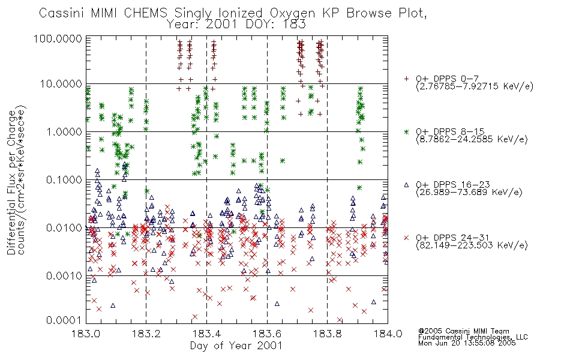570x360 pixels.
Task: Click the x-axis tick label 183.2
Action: pyautogui.click(x=146, y=334)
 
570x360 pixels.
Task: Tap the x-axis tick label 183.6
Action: pyautogui.click(x=267, y=334)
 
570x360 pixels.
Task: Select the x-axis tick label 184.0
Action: pyautogui.click(x=388, y=334)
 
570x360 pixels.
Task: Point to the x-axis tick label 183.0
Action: pyautogui.click(x=86, y=334)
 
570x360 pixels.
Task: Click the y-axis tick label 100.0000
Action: pyautogui.click(x=58, y=38)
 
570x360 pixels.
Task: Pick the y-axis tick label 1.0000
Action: pyautogui.click(x=64, y=131)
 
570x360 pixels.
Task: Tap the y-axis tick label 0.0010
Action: pyautogui.click(x=64, y=275)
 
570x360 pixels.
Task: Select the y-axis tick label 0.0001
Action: pyautogui.click(x=64, y=320)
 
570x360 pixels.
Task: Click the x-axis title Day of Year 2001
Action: pyautogui.click(x=236, y=346)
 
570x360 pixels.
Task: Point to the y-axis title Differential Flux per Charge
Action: pyautogui.click(x=11, y=182)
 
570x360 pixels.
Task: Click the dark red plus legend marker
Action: pyautogui.click(x=406, y=79)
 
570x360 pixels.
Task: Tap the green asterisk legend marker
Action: pyautogui.click(x=406, y=131)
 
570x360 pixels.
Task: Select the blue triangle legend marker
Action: pyautogui.click(x=406, y=185)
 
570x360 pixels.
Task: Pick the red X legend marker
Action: pyautogui.click(x=406, y=238)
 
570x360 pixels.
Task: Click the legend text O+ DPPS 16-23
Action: pyautogui.click(x=453, y=185)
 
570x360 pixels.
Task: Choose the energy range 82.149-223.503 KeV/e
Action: pyautogui.click(x=472, y=245)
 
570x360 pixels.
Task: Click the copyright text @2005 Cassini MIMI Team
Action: pyautogui.click(x=463, y=331)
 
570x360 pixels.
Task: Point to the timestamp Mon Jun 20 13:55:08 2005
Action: pyautogui.click(x=467, y=343)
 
